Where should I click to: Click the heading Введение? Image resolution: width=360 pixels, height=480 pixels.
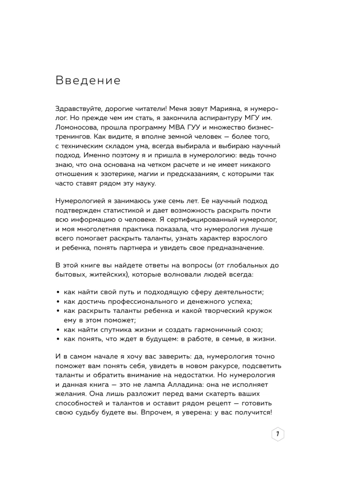[88, 81]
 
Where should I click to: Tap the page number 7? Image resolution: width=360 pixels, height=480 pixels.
[278, 434]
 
